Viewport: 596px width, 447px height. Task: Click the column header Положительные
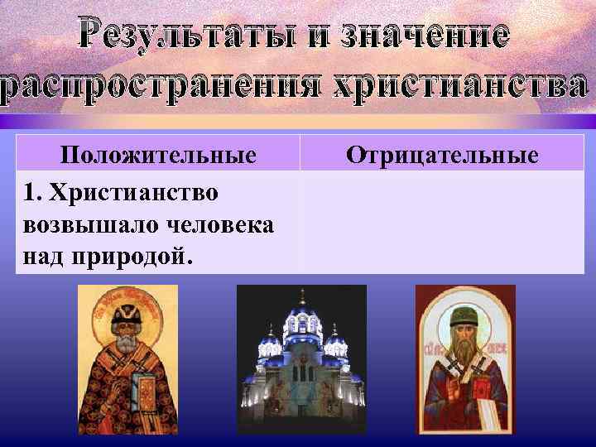click(157, 154)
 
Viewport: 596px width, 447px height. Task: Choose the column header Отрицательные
click(442, 154)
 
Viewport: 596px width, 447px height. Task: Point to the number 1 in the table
click(31, 193)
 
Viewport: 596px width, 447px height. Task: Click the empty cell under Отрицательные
click(442, 222)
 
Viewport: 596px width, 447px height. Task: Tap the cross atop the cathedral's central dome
click(302, 296)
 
